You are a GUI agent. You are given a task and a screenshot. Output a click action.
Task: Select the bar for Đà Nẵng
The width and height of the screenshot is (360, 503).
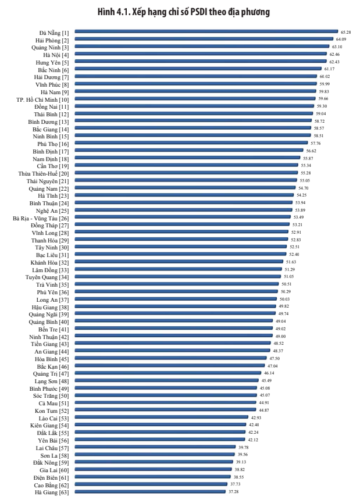pyautogui.click(x=206, y=32)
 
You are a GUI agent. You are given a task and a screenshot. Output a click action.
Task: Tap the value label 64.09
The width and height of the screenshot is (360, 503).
pyautogui.click(x=341, y=40)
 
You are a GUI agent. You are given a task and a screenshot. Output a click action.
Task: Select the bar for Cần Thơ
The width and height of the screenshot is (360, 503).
pyautogui.click(x=186, y=166)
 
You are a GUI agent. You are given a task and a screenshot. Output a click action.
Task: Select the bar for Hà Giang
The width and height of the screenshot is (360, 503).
pyautogui.click(x=150, y=491)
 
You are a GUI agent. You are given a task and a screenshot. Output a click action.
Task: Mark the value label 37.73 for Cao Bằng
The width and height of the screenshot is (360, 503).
pyautogui.click(x=236, y=484)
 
